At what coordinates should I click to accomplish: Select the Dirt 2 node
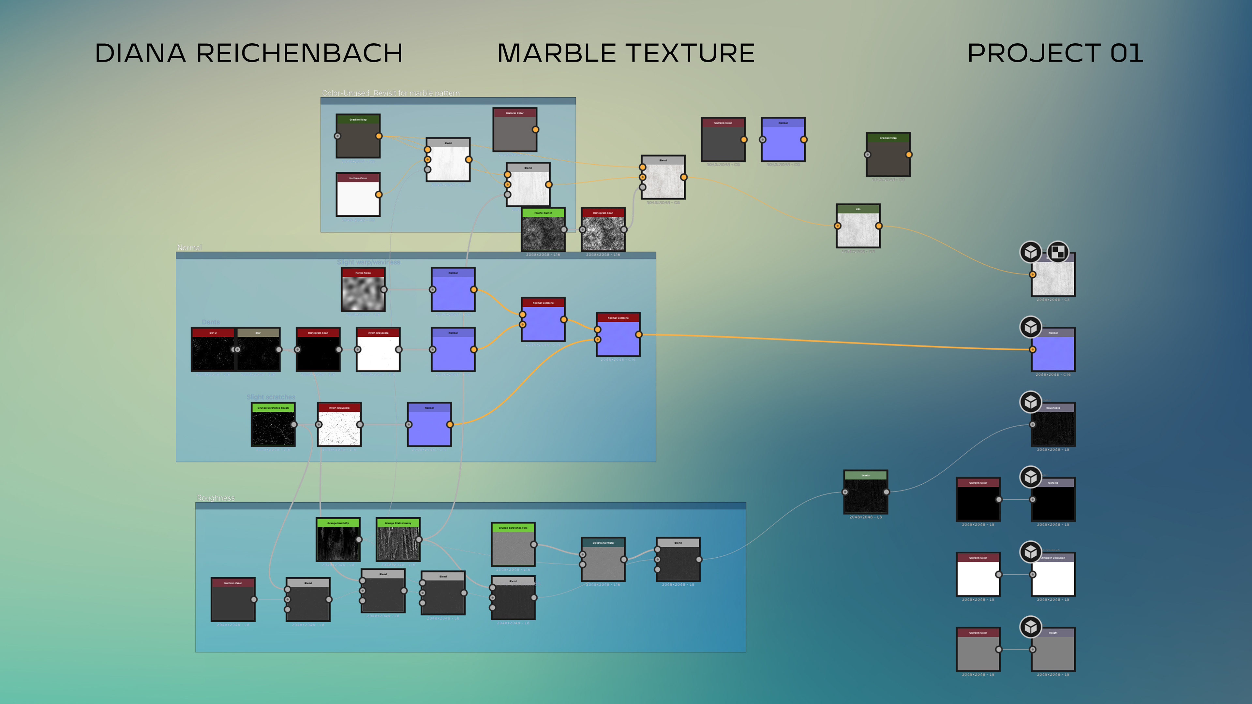[x=213, y=350]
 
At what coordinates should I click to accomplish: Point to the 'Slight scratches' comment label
[x=271, y=397]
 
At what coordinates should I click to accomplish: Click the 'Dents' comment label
[x=210, y=322]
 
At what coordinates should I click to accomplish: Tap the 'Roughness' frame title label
[x=215, y=498]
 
